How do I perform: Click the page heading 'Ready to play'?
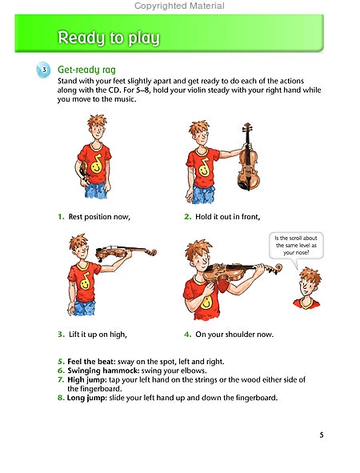pyautogui.click(x=109, y=38)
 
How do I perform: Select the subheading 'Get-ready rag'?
pyautogui.click(x=86, y=70)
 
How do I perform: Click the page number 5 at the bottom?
pyautogui.click(x=321, y=435)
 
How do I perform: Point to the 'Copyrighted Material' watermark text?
pyautogui.click(x=179, y=6)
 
